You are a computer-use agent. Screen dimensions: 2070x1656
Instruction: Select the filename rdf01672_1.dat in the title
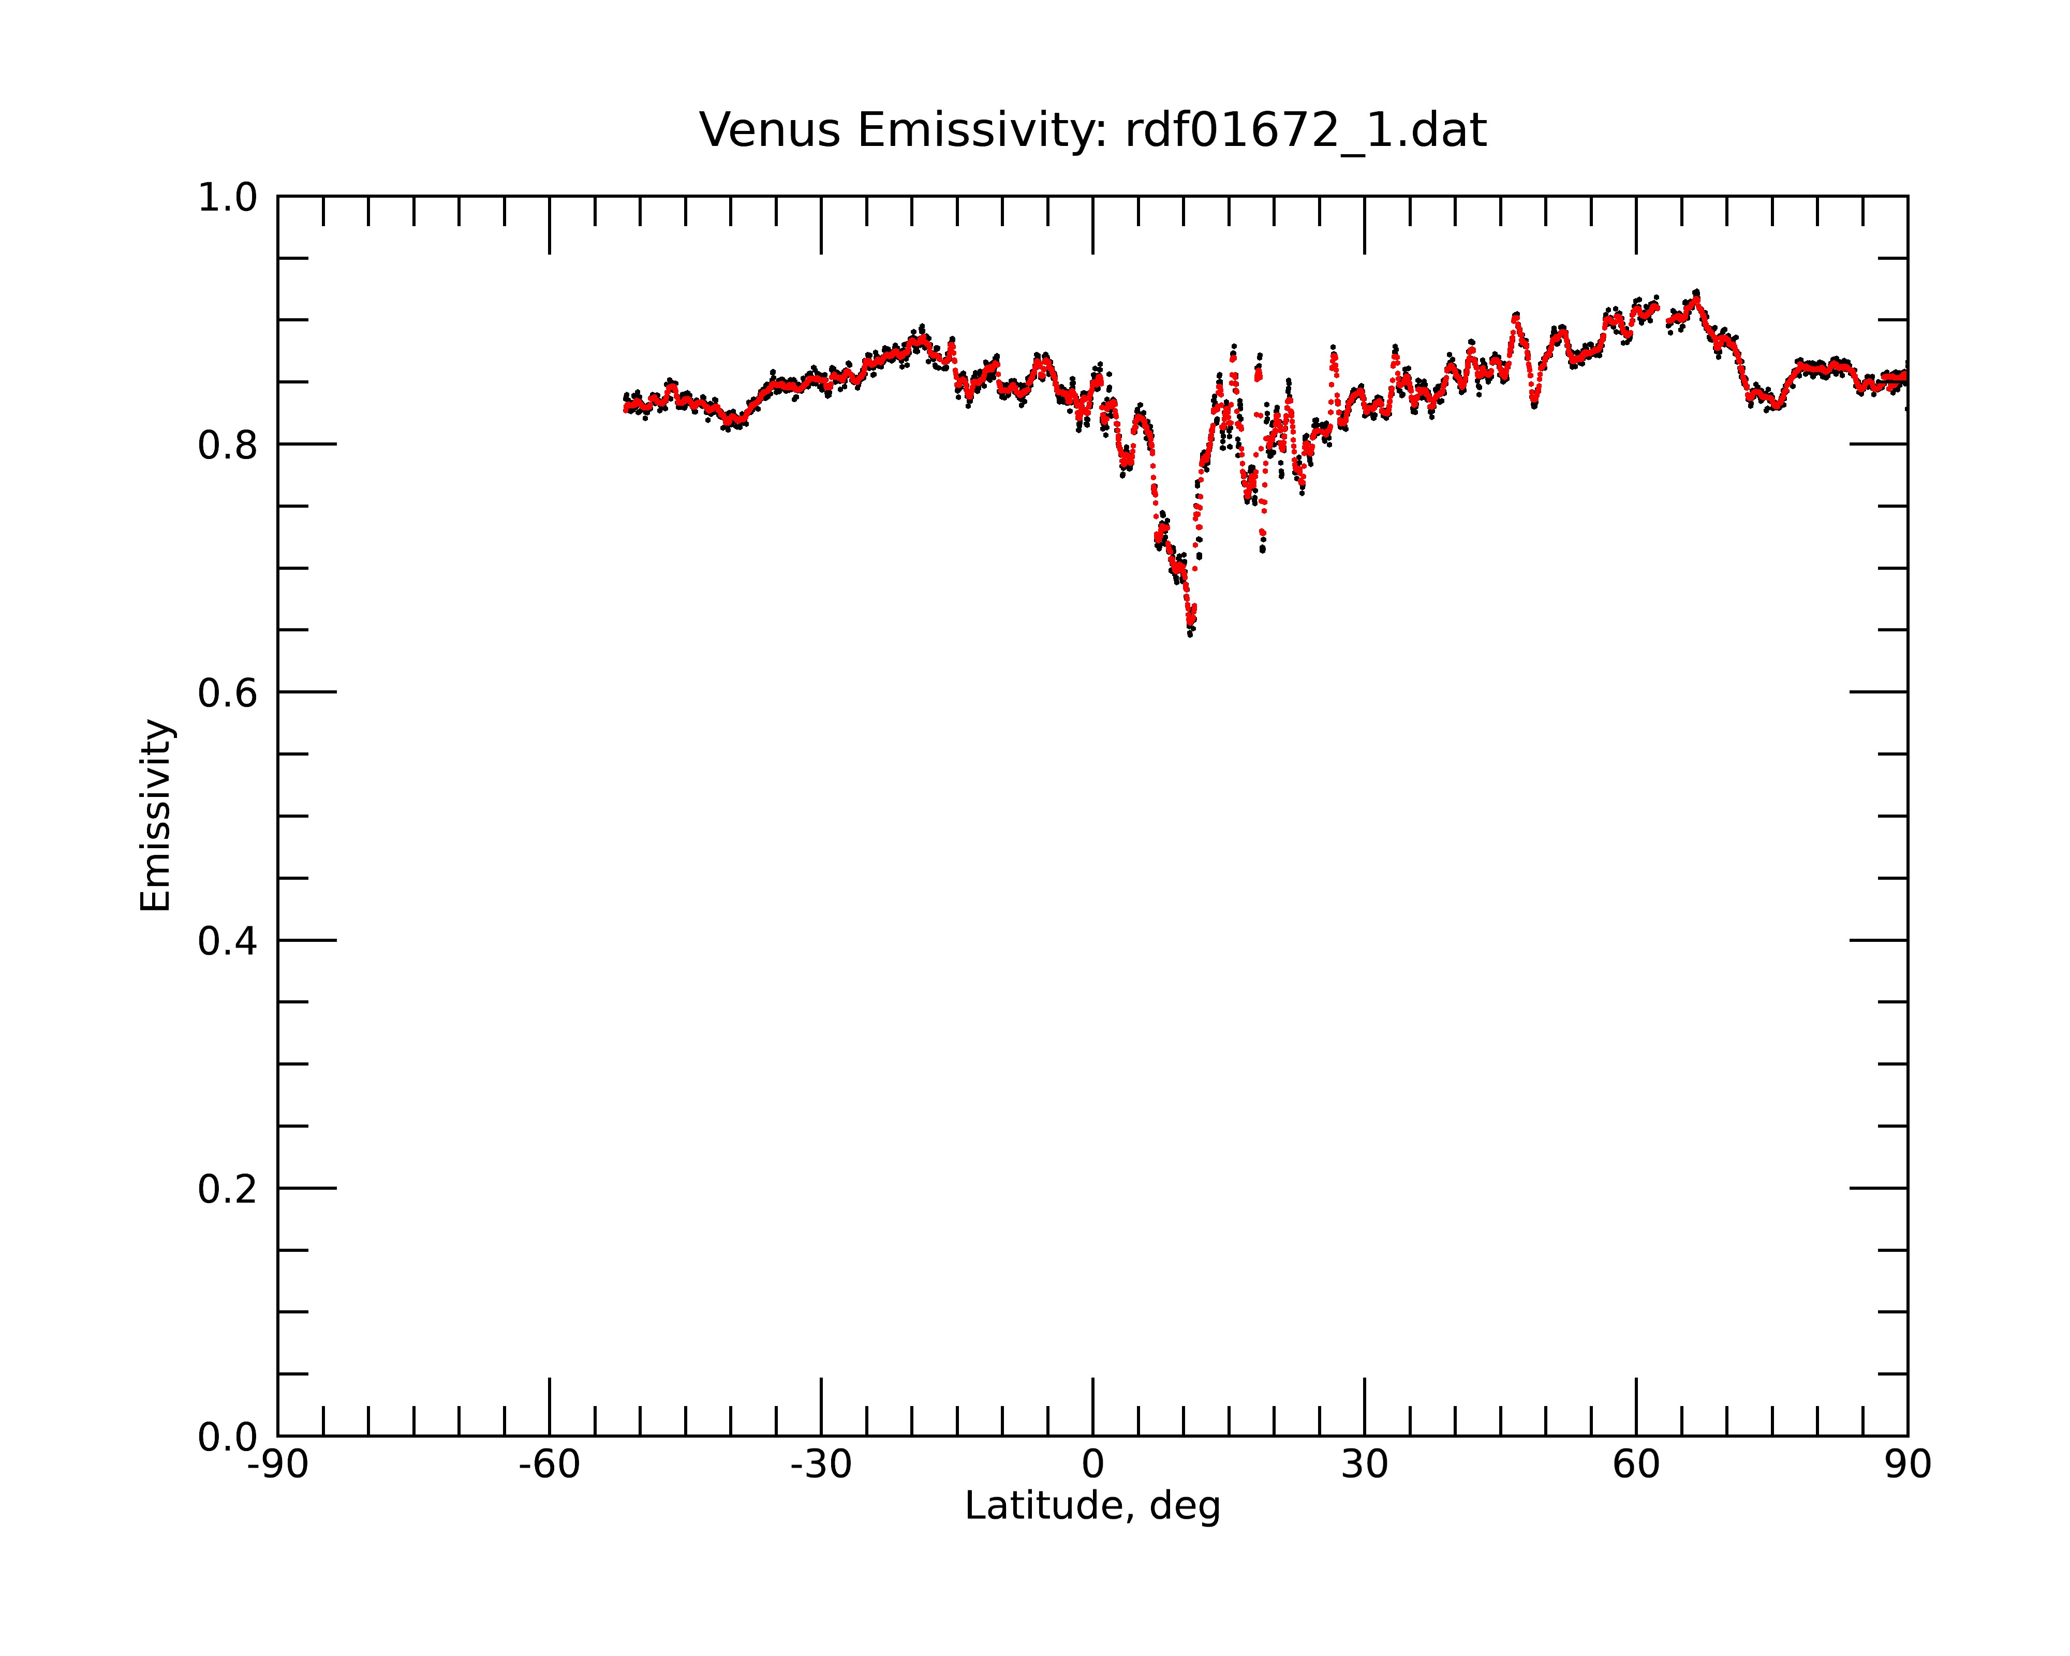point(1306,131)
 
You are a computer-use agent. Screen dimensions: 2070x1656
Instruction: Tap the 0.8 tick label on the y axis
point(228,446)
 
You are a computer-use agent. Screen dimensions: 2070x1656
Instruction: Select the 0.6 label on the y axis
point(228,693)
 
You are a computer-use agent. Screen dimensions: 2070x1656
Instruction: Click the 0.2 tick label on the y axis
point(228,1189)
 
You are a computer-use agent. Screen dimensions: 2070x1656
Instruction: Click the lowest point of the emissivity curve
point(1191,633)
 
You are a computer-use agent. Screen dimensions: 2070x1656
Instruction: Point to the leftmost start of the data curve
point(625,408)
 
